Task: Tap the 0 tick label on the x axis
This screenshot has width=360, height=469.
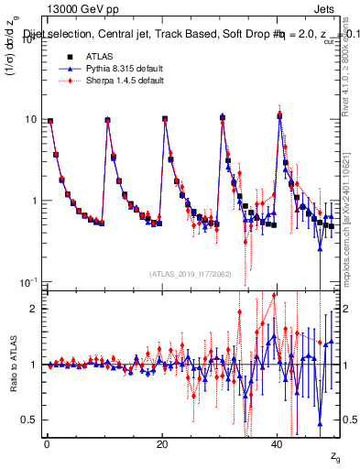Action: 47,443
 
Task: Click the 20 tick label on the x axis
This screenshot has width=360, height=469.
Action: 162,443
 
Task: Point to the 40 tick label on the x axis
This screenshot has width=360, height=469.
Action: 278,443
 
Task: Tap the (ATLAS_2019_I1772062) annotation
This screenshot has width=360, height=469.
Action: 190,274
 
